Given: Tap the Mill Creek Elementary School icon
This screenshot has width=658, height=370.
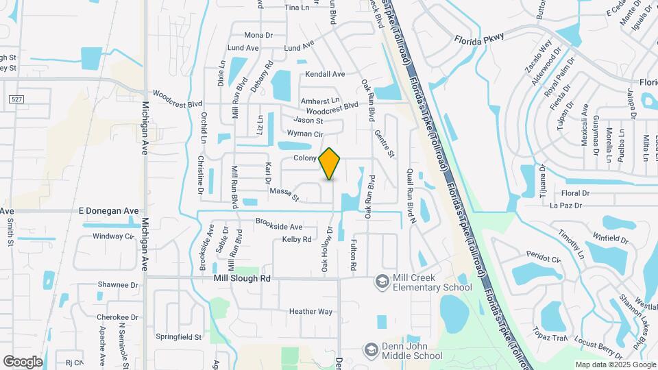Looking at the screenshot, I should tap(382, 282).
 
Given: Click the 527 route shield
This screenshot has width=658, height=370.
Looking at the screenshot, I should tap(15, 100).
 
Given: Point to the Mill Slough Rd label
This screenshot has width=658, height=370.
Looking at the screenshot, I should tap(241, 279).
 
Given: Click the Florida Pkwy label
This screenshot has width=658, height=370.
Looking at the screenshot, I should tap(478, 38).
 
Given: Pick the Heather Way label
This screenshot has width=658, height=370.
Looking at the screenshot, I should tap(310, 312).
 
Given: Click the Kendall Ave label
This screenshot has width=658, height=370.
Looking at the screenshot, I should tap(325, 74).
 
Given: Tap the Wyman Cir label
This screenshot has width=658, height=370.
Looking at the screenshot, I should tap(304, 134).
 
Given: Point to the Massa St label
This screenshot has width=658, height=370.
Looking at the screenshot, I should tap(284, 195).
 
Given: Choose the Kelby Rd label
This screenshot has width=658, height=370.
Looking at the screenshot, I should tap(297, 240).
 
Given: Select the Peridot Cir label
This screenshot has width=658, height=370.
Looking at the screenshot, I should tap(544, 258).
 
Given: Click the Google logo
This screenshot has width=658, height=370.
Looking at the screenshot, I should tap(23, 361).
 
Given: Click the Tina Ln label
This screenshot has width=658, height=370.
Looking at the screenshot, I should tap(297, 8).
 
